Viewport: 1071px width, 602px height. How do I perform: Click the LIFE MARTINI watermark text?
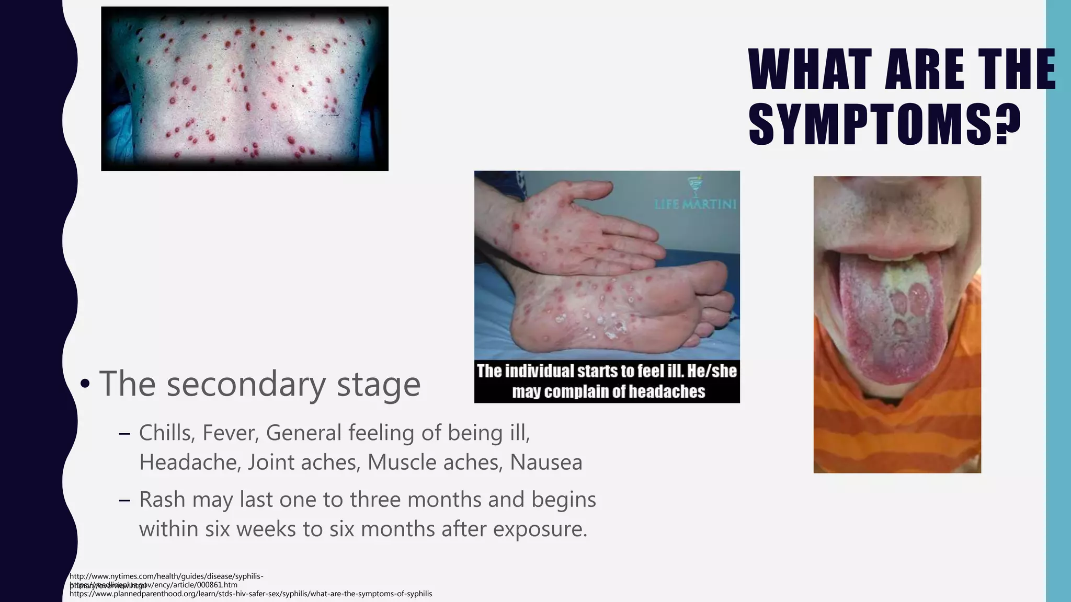[695, 204]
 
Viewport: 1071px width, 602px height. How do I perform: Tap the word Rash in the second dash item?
[162, 500]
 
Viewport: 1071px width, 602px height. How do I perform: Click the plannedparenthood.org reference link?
[250, 594]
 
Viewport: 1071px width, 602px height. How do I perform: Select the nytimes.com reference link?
[166, 576]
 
